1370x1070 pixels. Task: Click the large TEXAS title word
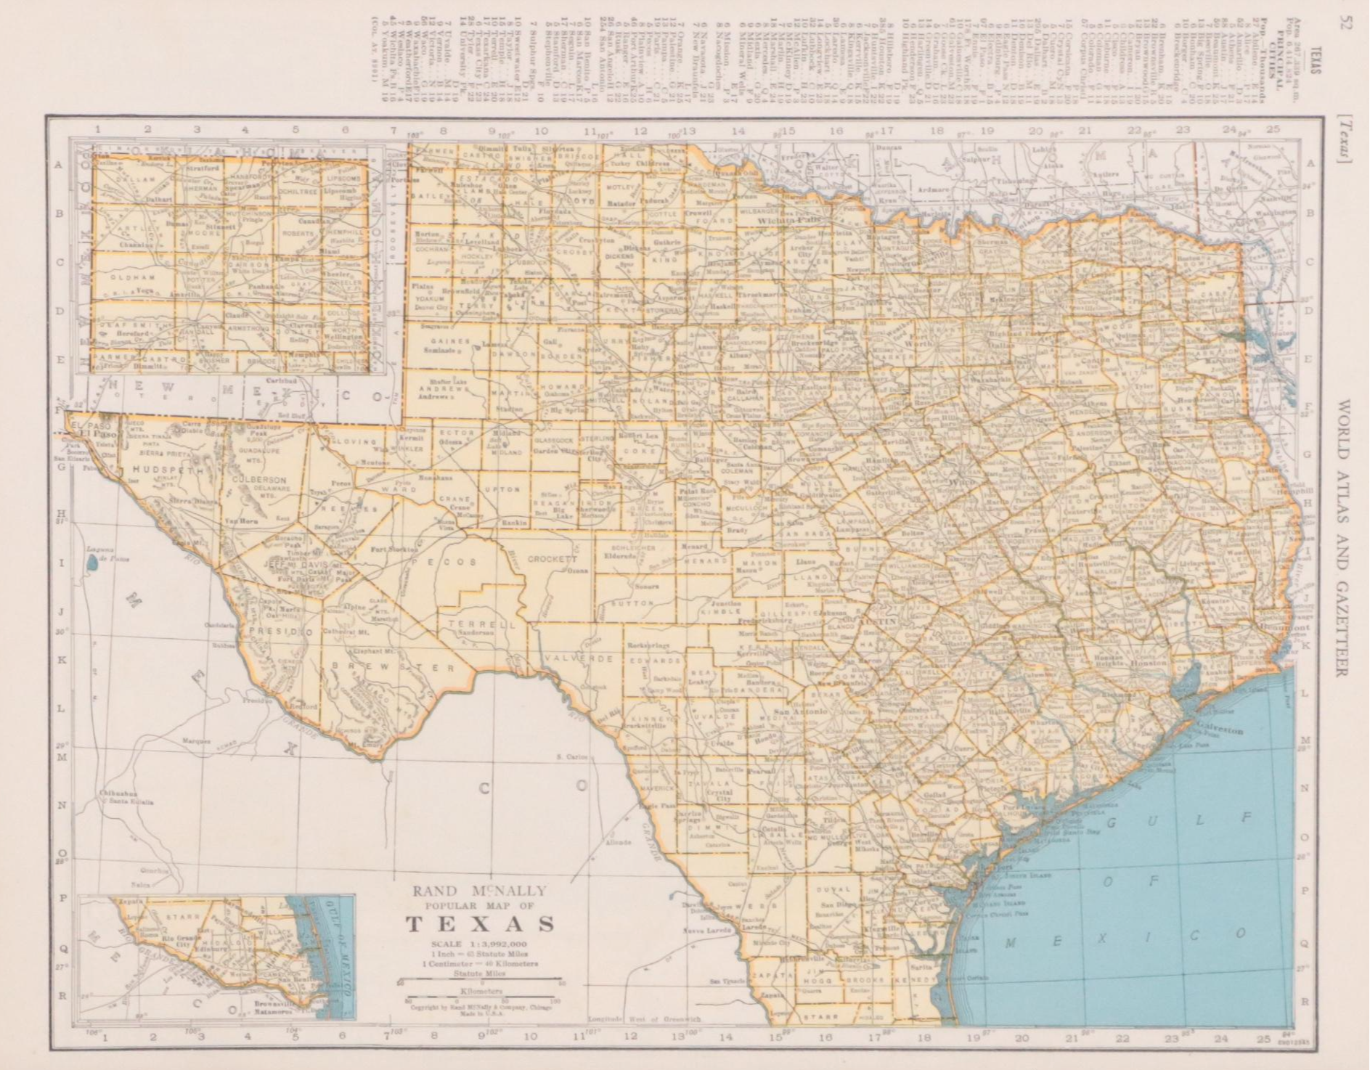coord(480,924)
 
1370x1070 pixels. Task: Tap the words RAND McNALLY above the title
coord(480,890)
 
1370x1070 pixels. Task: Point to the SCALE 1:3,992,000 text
coord(480,944)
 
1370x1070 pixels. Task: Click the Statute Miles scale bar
coord(480,981)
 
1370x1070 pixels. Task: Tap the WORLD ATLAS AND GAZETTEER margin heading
coord(1342,537)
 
